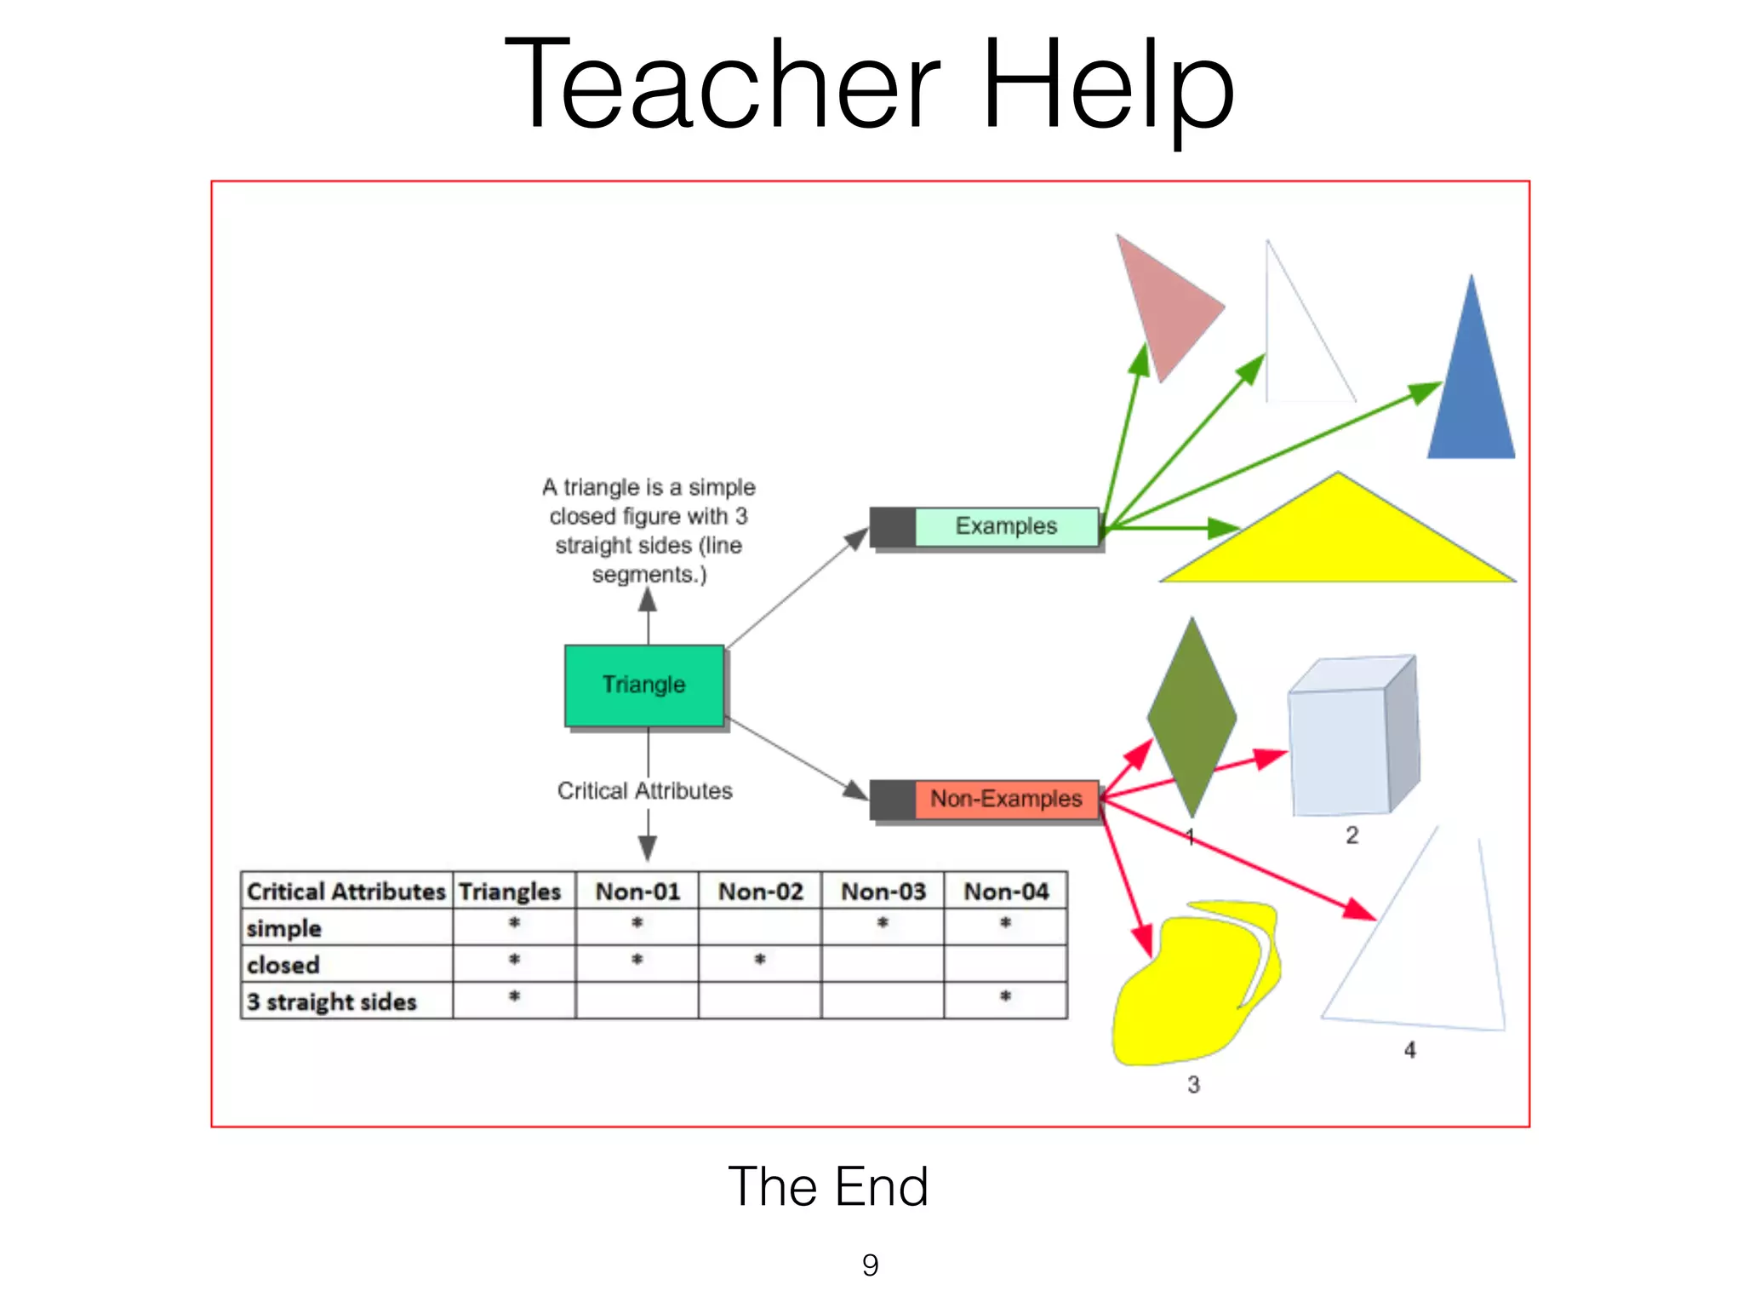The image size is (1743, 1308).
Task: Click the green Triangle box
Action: point(644,686)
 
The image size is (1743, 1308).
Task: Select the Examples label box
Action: point(1006,526)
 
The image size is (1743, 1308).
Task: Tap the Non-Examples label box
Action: point(1006,799)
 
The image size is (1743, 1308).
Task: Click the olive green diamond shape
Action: point(1192,717)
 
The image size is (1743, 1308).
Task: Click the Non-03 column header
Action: point(883,892)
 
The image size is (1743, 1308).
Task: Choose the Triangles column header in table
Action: point(511,892)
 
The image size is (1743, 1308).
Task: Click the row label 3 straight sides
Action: point(332,1001)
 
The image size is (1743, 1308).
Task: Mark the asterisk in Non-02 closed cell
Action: point(760,960)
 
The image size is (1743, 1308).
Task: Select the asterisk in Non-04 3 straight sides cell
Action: point(1006,996)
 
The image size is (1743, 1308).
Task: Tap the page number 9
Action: point(870,1265)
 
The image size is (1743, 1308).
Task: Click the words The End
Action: point(828,1186)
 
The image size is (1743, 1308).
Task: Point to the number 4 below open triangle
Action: point(1410,1050)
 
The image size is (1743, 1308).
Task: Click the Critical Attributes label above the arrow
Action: point(644,791)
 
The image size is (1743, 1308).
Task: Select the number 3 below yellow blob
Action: point(1193,1085)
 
